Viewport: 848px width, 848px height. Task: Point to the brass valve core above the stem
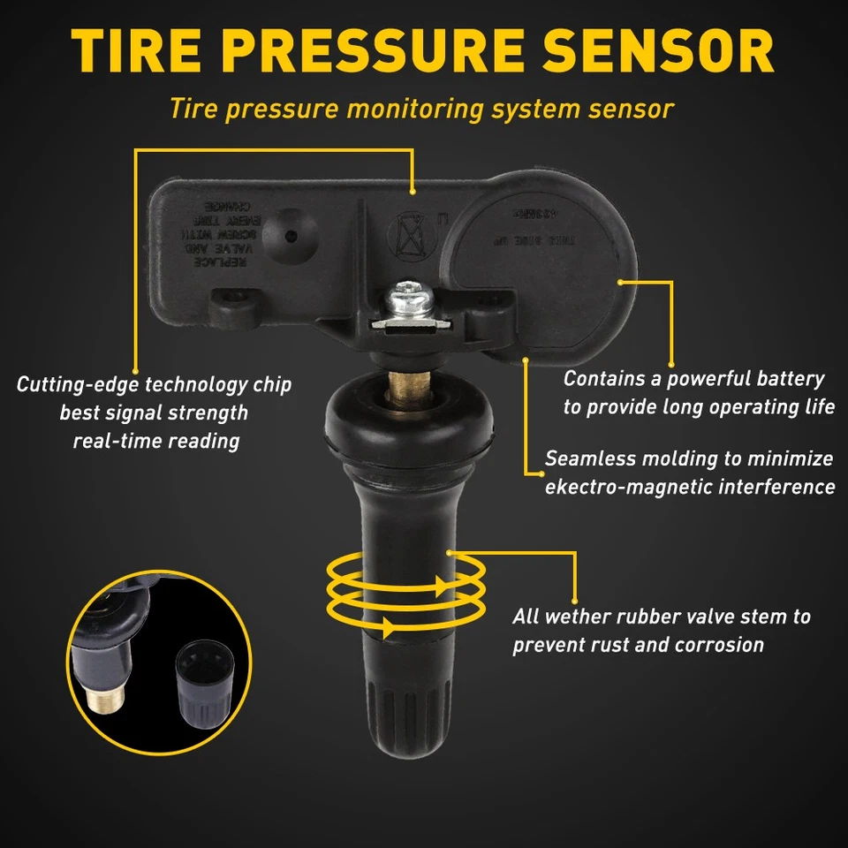tap(407, 386)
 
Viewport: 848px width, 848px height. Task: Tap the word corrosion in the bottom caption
tap(719, 645)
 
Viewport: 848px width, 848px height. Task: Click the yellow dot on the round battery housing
tap(621, 283)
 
